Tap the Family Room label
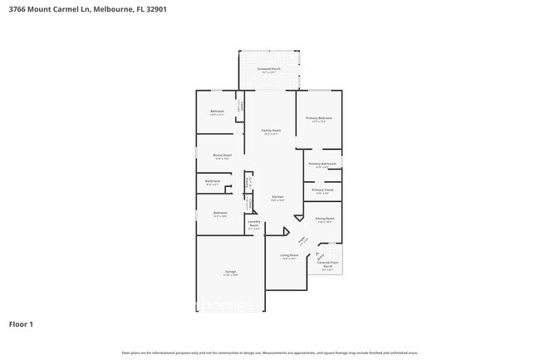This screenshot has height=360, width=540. (272, 131)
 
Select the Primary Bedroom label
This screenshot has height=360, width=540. (319, 118)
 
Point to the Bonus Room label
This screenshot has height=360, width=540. (222, 155)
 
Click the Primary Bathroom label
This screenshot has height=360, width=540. (322, 164)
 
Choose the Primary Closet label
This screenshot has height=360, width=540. (322, 190)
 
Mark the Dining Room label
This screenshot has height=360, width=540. (325, 219)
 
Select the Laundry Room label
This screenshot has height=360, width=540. (254, 224)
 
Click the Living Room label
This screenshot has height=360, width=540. (289, 255)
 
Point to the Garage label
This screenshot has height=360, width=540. (230, 272)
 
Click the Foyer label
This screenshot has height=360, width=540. (303, 240)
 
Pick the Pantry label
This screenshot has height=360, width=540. (248, 181)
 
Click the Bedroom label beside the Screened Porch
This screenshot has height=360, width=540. (217, 111)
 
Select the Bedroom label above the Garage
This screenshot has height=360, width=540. (219, 213)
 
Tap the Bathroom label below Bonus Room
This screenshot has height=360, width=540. (213, 180)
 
